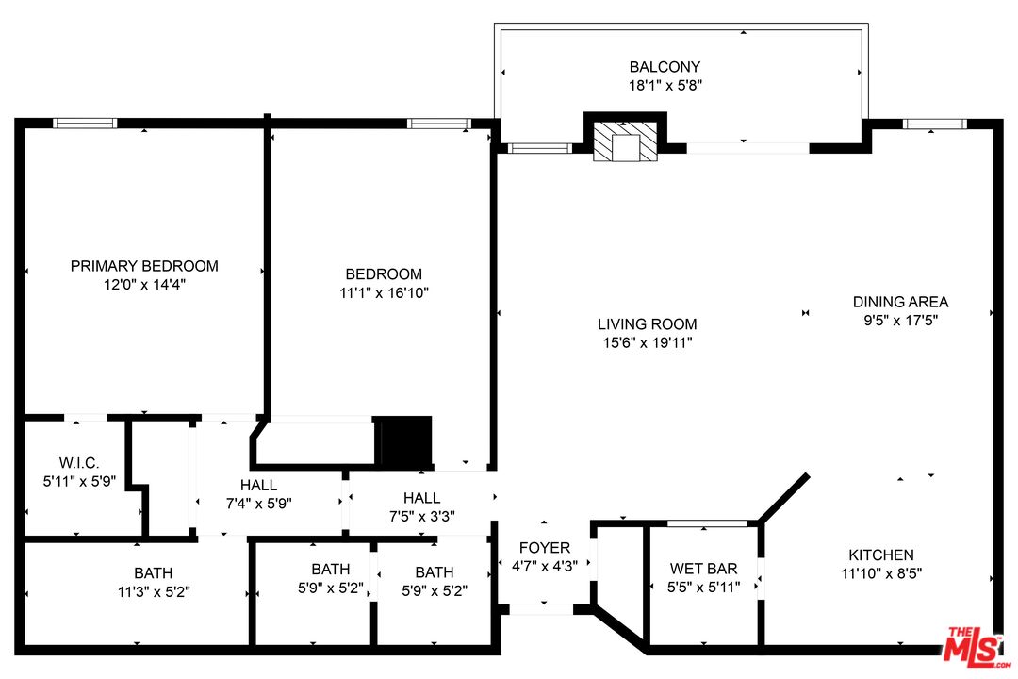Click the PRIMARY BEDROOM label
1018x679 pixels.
click(144, 266)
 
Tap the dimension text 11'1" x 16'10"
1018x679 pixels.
click(384, 293)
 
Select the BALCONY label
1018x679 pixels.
click(665, 67)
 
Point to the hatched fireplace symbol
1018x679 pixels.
click(625, 141)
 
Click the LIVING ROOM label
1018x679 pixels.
click(647, 324)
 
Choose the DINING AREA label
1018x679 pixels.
click(900, 302)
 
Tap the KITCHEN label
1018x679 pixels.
click(880, 555)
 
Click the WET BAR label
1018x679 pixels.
click(703, 569)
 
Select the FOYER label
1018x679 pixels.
click(545, 548)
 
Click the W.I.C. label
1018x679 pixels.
click(79, 462)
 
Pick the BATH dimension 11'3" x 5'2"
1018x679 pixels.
click(153, 591)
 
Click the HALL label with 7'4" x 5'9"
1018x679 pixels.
click(258, 485)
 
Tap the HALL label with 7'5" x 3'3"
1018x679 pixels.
click(421, 498)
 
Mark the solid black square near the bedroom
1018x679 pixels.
click(403, 440)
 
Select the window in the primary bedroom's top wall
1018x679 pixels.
click(85, 123)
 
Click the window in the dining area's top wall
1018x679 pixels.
click(934, 124)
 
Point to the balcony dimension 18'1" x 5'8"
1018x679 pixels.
click(665, 85)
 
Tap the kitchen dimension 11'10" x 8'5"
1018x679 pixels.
click(880, 573)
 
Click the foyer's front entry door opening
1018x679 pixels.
click(540, 609)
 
